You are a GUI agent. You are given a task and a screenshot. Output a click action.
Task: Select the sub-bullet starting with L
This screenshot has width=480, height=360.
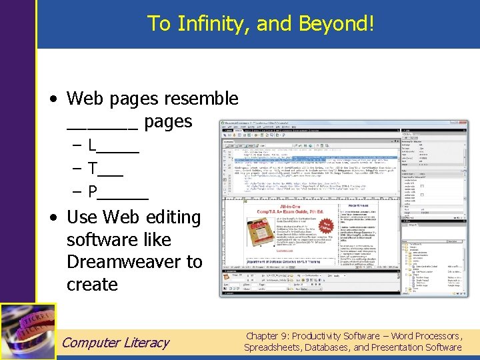coord(113,145)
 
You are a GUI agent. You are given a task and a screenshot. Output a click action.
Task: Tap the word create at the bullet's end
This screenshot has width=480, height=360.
coord(92,285)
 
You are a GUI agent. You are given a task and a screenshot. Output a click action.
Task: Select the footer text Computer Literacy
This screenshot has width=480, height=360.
coord(115,343)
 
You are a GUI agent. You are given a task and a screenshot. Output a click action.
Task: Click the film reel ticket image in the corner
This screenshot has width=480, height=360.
coord(28,331)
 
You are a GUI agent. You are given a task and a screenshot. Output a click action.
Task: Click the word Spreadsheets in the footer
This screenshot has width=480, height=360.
coord(273,347)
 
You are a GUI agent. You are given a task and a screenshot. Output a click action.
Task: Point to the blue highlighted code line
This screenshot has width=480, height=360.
coord(313,159)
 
